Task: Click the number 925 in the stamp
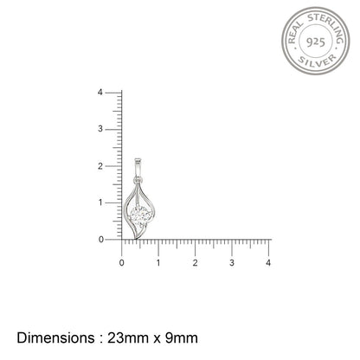pyautogui.click(x=316, y=42)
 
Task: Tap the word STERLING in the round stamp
pyautogui.click(x=327, y=27)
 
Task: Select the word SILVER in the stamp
pyautogui.click(x=317, y=61)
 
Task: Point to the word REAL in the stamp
pyautogui.click(x=294, y=32)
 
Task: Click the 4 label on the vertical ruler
pyautogui.click(x=100, y=93)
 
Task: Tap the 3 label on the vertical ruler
pyautogui.click(x=100, y=129)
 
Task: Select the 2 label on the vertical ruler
pyautogui.click(x=100, y=166)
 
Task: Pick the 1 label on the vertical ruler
pyautogui.click(x=100, y=202)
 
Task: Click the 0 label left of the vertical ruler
pyautogui.click(x=100, y=240)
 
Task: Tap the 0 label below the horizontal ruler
pyautogui.click(x=121, y=263)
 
